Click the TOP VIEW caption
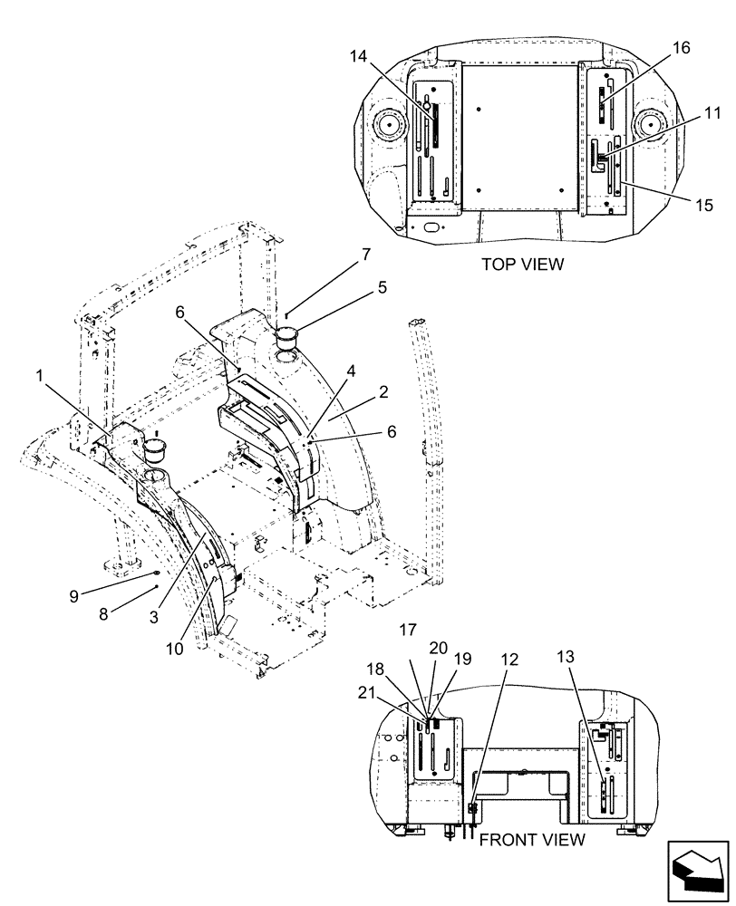[x=523, y=265]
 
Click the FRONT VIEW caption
[x=531, y=839]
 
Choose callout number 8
[x=103, y=613]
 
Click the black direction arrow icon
[x=698, y=872]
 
